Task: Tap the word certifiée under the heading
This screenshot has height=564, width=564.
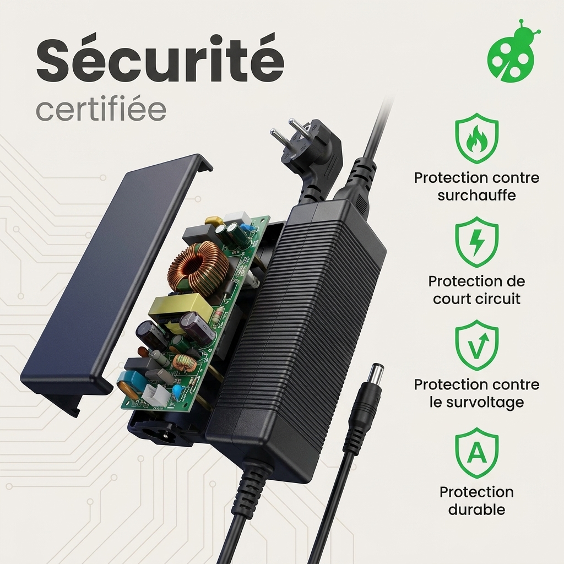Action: point(101,110)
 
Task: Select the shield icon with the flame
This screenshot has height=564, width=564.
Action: point(476,138)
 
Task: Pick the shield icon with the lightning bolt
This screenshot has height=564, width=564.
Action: point(476,242)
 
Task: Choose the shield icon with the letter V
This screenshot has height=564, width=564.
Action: point(476,345)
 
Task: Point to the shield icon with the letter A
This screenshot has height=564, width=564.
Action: point(476,453)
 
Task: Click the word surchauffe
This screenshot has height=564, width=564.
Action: point(476,196)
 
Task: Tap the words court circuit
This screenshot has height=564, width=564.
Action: point(476,299)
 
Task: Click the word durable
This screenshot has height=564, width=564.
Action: point(476,509)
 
